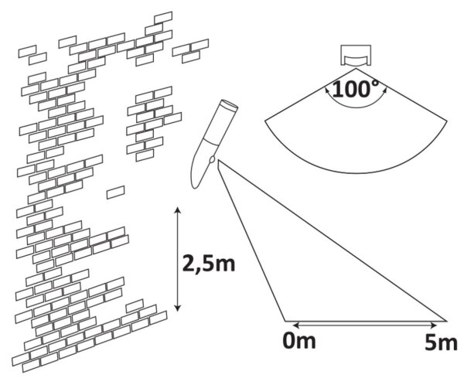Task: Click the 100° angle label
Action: click(356, 89)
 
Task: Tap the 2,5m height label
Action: click(208, 264)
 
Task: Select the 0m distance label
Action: click(299, 341)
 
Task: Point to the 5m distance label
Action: click(441, 343)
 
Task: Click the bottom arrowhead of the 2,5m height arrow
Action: click(177, 308)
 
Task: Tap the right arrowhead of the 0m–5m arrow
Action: click(434, 325)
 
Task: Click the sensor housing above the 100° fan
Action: click(356, 56)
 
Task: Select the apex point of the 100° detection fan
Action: click(356, 69)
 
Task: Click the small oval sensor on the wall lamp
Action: click(212, 160)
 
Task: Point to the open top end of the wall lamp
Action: click(230, 105)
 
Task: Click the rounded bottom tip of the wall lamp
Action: click(195, 186)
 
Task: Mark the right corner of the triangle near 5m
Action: click(446, 321)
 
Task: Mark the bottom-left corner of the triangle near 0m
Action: click(285, 321)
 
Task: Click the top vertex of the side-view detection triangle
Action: click(219, 160)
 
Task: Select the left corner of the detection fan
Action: click(264, 121)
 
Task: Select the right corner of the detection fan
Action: click(447, 121)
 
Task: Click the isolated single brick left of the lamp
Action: click(116, 192)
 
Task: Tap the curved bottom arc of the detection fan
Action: click(356, 172)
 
